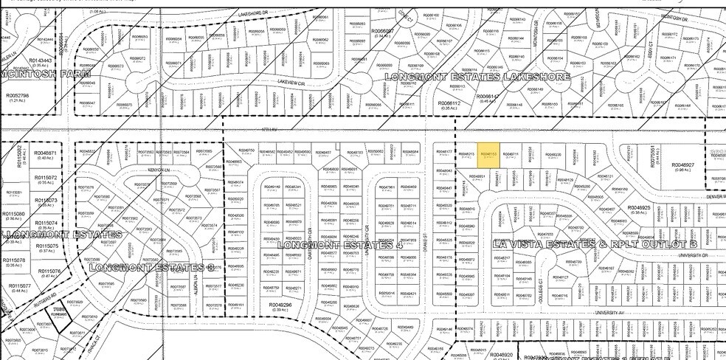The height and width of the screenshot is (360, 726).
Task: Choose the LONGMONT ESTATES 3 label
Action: pos(151,267)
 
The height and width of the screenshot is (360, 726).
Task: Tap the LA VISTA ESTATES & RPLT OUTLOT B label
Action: pos(594,243)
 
